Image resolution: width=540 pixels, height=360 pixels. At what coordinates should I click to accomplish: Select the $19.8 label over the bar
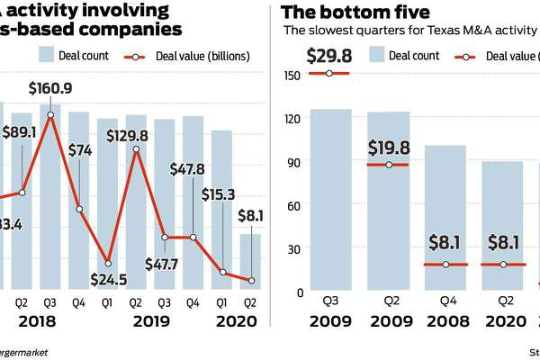point(388,148)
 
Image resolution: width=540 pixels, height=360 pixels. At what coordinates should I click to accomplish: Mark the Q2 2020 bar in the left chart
point(250,261)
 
